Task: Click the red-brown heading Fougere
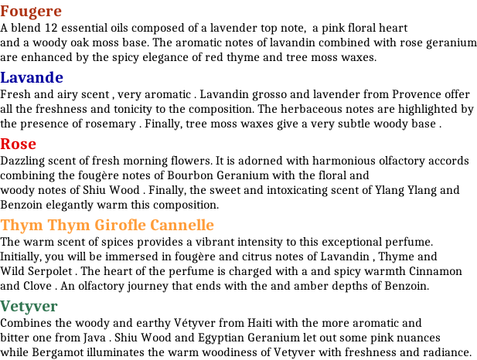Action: pos(31,12)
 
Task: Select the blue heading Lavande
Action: pos(32,77)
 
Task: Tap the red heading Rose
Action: pos(19,144)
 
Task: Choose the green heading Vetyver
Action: pos(29,307)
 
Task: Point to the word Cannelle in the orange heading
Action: pos(182,225)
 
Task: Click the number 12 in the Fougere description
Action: pos(51,28)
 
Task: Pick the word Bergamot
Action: pos(57,353)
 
